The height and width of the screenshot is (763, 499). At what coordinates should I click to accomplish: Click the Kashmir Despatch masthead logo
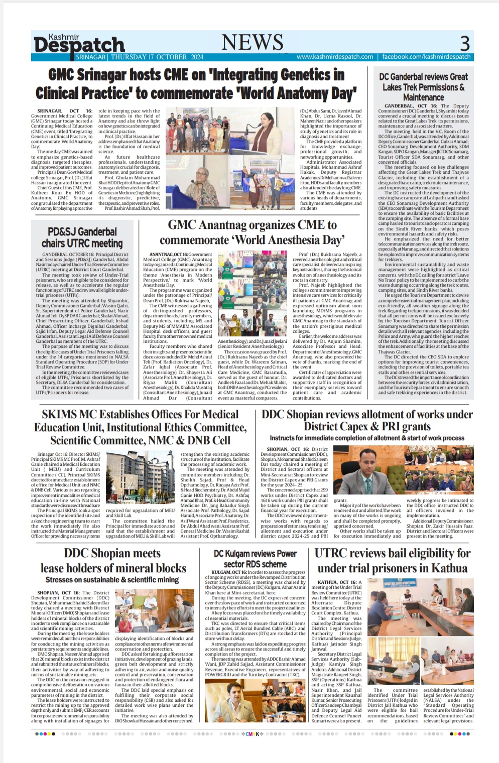tap(79, 44)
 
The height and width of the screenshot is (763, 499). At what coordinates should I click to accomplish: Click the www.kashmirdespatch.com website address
tap(335, 57)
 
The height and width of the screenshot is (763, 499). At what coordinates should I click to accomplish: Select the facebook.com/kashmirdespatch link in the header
tap(426, 57)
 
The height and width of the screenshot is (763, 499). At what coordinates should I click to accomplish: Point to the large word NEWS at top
tap(253, 43)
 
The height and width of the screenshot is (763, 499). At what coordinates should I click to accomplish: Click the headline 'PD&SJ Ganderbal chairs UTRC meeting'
tap(82, 237)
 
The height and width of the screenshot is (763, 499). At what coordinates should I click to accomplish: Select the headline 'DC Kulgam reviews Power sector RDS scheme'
tap(255, 558)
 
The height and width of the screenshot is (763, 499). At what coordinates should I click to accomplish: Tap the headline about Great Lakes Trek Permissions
tap(423, 86)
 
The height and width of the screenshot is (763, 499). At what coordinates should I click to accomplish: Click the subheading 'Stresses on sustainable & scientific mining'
tap(112, 580)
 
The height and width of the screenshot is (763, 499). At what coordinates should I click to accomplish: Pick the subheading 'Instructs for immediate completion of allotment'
tap(367, 438)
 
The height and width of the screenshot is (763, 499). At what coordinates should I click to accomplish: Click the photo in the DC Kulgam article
tap(255, 700)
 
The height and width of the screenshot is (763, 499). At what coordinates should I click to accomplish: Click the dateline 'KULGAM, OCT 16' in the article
tap(228, 572)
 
